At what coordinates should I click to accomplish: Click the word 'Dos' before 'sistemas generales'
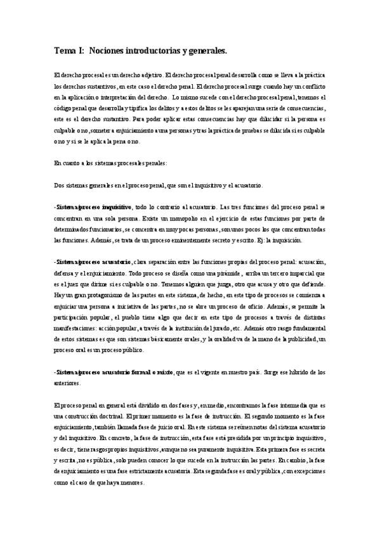tap(58, 185)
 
